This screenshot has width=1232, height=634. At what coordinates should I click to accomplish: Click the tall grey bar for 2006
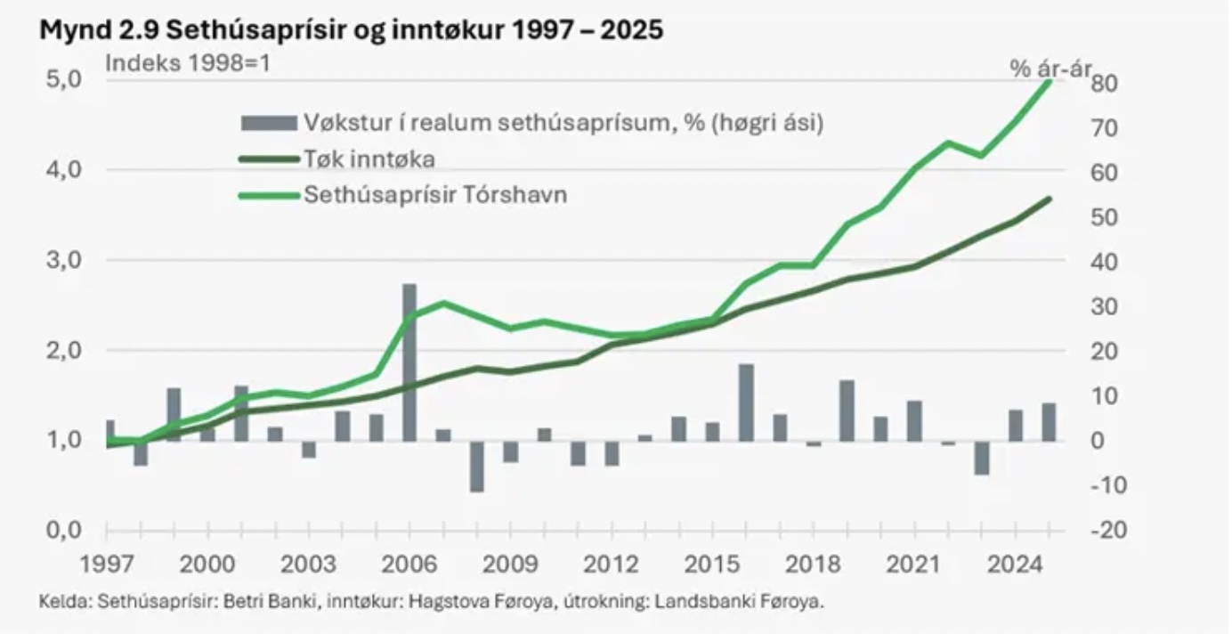(x=409, y=362)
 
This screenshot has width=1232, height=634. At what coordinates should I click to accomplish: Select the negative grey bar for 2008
(x=477, y=466)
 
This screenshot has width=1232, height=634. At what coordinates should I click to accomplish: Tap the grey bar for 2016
(x=746, y=402)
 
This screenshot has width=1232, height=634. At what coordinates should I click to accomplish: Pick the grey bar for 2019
(x=847, y=410)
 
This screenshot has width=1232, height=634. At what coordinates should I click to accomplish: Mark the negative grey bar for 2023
(x=981, y=458)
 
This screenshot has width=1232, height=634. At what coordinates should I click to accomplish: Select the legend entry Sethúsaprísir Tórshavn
(x=435, y=194)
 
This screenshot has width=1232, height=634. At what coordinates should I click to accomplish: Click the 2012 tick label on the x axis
(x=612, y=565)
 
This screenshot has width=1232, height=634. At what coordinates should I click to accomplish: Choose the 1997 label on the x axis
(x=107, y=565)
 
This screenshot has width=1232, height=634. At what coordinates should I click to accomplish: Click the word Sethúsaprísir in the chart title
(x=231, y=29)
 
